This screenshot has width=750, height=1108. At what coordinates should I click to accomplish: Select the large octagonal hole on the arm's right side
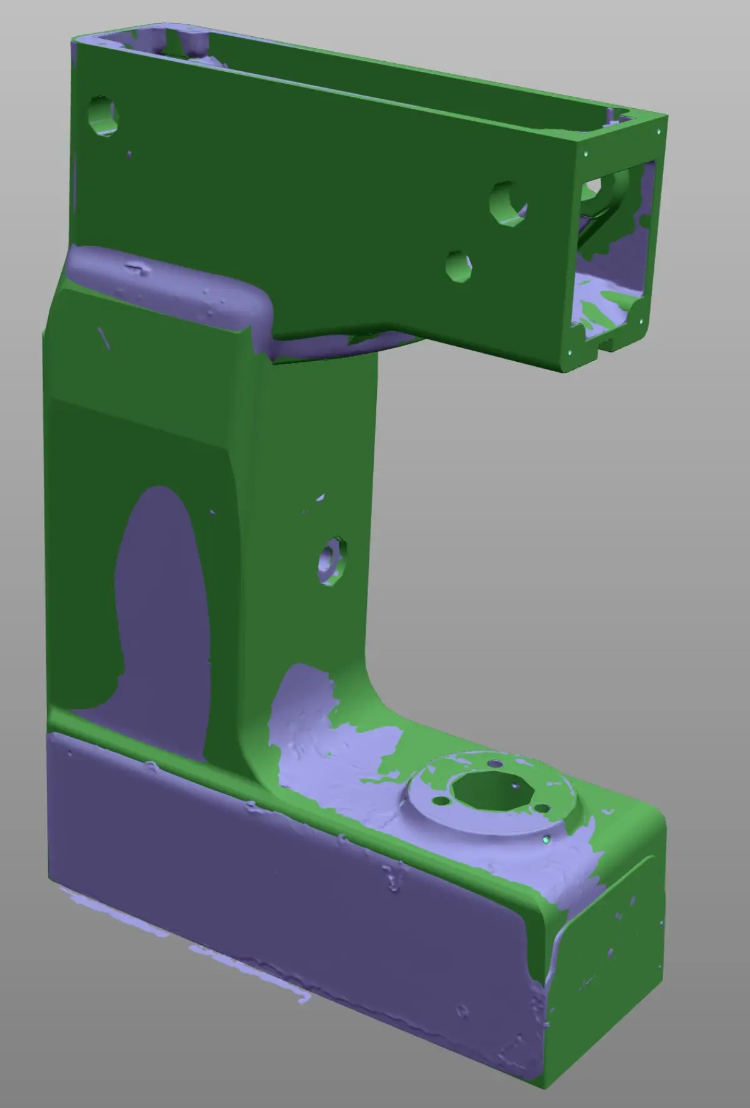tap(507, 204)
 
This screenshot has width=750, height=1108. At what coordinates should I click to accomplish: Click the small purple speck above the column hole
tap(320, 498)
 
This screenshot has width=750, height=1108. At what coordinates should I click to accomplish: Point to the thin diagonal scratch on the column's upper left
tap(104, 337)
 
